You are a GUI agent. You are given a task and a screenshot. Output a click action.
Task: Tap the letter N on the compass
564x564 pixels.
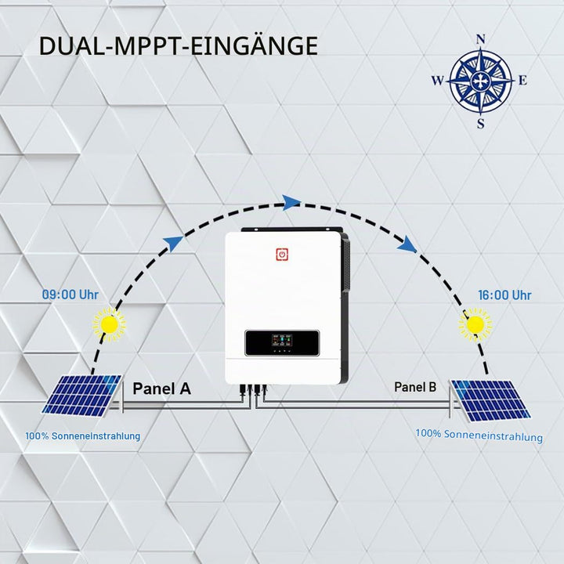pos(480,40)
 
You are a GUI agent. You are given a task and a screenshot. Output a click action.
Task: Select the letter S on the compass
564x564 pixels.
pos(480,124)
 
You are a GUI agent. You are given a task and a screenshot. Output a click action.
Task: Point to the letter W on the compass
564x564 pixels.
pos(438,81)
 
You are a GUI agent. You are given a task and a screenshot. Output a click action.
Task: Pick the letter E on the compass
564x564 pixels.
pos(522,81)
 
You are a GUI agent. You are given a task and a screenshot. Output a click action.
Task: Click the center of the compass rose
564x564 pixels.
pos(480,81)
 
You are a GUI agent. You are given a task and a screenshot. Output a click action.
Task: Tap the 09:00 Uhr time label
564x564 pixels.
pos(70,295)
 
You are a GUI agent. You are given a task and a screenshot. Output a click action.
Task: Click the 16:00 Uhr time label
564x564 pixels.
pos(504,295)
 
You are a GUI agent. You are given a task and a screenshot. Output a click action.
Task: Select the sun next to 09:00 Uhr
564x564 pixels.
pos(110,324)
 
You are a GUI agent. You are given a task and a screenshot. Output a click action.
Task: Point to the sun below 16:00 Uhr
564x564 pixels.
pos(475,324)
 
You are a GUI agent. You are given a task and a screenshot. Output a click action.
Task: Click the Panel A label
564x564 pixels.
pos(161,389)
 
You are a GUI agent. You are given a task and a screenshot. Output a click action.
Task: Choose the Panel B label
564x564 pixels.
pos(415,387)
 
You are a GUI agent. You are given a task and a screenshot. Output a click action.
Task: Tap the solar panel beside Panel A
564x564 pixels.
pos(82,396)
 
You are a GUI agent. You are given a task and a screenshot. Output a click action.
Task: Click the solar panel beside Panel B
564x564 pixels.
pos(490,400)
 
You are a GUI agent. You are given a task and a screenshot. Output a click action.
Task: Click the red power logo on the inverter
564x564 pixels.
pos(282,255)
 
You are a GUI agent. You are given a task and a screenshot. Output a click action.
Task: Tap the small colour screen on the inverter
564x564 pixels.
pos(282,340)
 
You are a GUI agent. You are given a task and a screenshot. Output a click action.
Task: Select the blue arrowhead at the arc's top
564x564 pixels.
pos(291,203)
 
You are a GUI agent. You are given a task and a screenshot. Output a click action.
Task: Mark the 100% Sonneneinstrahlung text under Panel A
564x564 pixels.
pos(83,436)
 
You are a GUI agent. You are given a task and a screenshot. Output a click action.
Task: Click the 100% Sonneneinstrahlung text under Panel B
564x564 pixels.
pos(479,436)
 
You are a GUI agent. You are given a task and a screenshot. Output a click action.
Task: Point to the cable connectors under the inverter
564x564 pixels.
pos(254,389)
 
